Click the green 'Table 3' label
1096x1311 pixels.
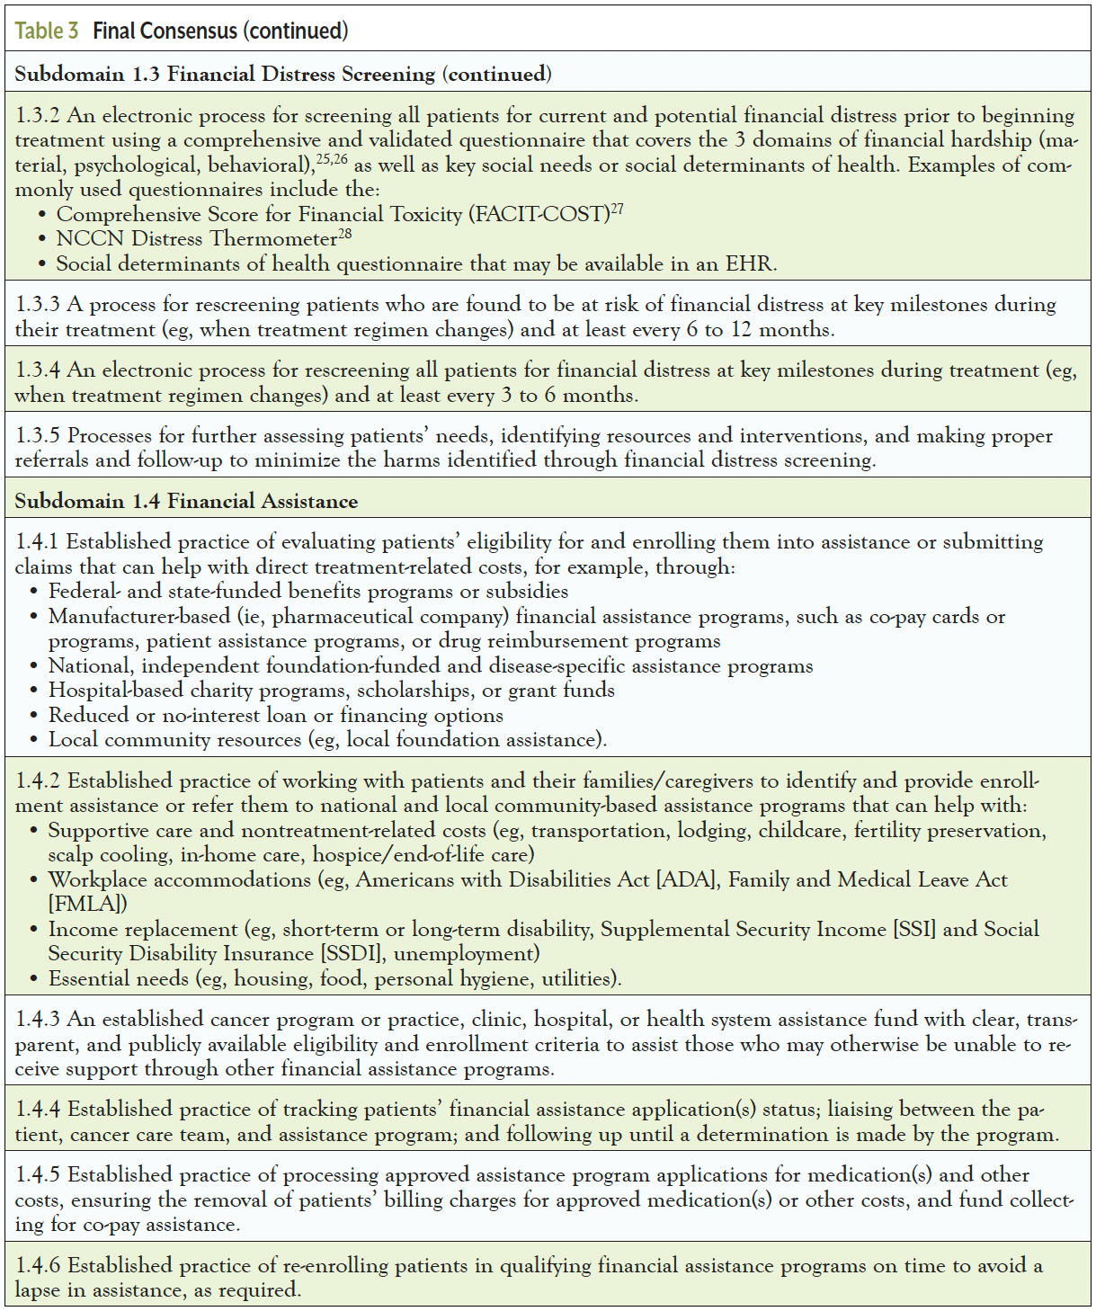47,31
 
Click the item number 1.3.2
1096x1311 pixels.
38,116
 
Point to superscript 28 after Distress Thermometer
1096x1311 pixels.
345,235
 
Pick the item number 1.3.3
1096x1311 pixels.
38,305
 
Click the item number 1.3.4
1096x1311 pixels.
38,370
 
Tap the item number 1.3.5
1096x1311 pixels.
38,436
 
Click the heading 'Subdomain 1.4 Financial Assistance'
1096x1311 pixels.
186,502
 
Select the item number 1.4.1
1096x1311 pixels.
37,542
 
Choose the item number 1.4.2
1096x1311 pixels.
38,781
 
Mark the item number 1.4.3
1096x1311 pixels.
38,1020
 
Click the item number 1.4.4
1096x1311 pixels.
38,1110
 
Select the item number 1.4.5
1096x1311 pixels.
38,1175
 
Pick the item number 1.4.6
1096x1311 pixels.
38,1266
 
